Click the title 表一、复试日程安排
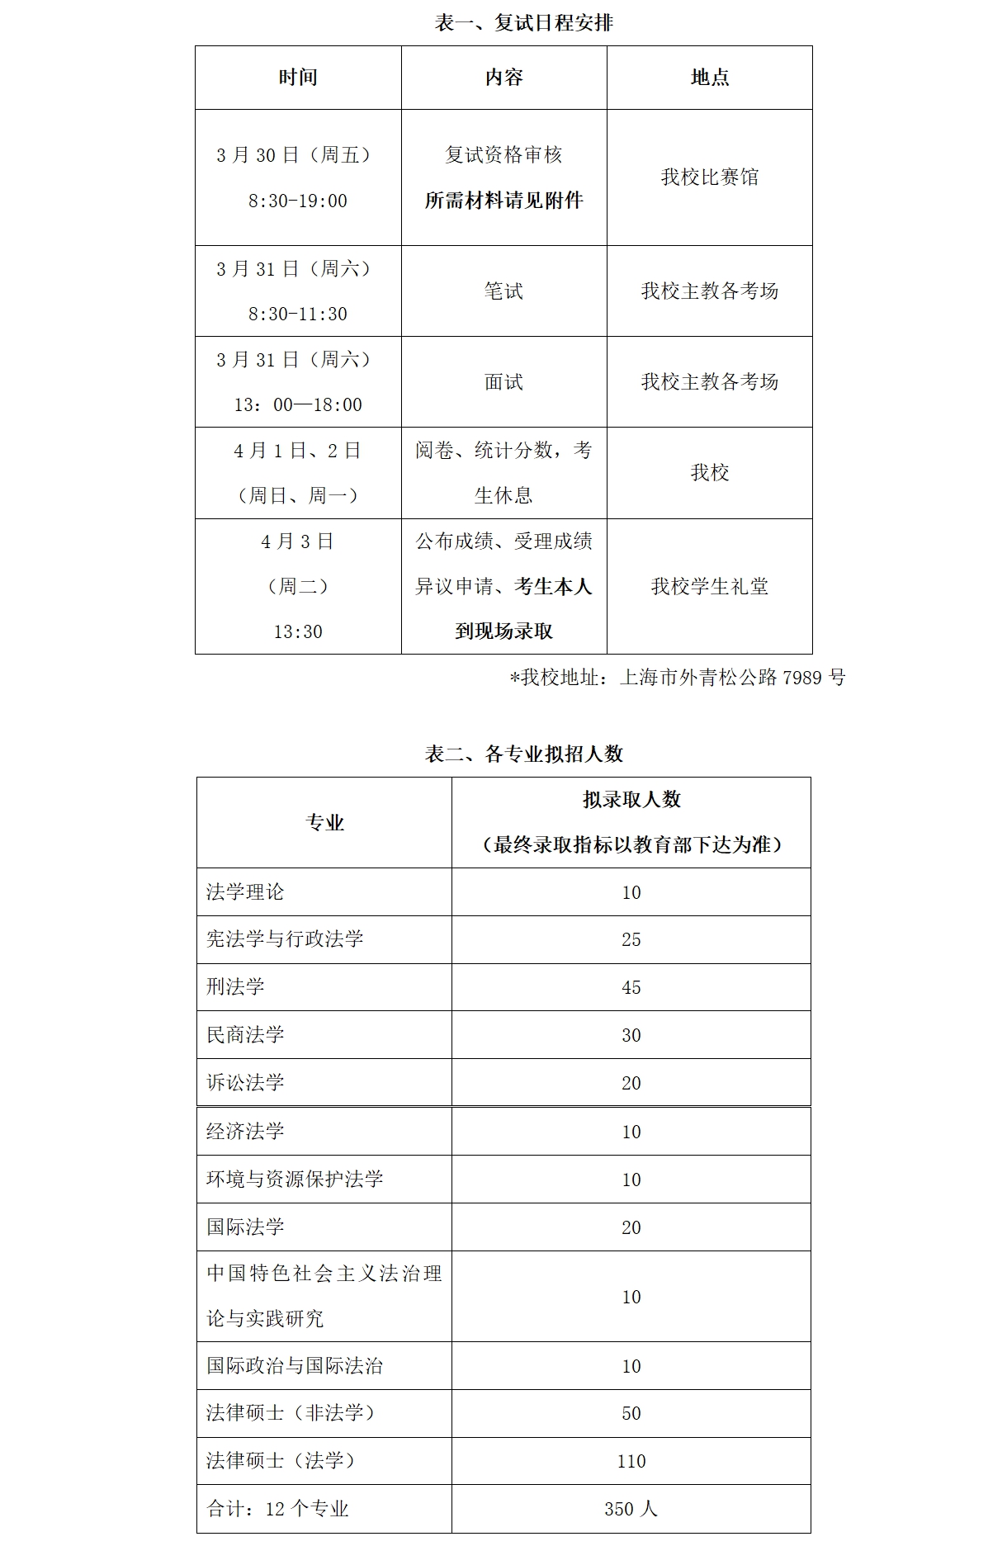click(523, 22)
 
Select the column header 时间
click(298, 78)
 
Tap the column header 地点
click(709, 78)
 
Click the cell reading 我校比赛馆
click(709, 177)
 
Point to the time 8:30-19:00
click(298, 201)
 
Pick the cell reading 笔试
click(503, 291)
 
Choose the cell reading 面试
click(503, 381)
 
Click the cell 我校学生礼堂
click(709, 586)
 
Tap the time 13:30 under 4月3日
click(298, 631)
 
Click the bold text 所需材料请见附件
click(503, 200)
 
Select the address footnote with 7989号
click(678, 678)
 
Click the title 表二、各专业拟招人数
click(523, 754)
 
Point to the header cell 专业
click(324, 822)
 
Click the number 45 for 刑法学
click(631, 987)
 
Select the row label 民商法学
click(245, 1034)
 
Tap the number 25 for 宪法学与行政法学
click(631, 939)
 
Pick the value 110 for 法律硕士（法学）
click(631, 1461)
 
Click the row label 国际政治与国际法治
click(295, 1365)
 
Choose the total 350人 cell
click(631, 1509)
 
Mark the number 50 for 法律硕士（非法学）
click(631, 1413)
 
